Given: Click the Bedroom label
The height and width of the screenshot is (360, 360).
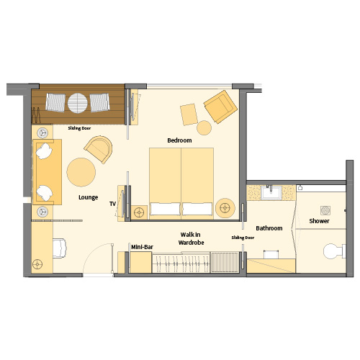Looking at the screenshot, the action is [179, 140].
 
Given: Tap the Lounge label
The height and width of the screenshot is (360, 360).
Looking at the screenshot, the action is [89, 197].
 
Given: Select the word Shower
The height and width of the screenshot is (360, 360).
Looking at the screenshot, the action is [319, 221].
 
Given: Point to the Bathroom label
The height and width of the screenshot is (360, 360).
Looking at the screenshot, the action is [269, 228].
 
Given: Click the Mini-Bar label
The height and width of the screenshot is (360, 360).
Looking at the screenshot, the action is [142, 247].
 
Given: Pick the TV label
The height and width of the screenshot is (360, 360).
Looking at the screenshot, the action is [112, 204].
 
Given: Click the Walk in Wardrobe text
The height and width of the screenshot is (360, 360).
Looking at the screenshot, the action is [191, 238].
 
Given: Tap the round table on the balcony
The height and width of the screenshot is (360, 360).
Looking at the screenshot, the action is [78, 103].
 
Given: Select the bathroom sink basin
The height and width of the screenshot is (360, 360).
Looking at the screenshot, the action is [271, 192].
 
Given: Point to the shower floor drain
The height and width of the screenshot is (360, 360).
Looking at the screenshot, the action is [325, 210].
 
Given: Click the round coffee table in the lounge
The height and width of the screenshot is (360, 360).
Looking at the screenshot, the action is [81, 172].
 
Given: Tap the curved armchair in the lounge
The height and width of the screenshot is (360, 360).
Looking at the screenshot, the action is [99, 149].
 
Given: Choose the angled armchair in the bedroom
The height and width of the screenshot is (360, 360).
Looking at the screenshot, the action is [220, 107].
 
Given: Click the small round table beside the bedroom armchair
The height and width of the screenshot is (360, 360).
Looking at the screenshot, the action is [204, 127].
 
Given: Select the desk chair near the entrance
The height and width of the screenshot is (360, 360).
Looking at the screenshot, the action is [59, 248].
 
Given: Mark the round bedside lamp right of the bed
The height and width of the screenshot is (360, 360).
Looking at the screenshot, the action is [225, 208].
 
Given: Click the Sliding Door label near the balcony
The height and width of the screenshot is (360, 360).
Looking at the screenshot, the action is [79, 128].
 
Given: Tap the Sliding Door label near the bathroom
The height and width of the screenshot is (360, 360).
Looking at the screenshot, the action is [243, 238].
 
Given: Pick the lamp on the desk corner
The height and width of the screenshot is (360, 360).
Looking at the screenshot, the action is [37, 264].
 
